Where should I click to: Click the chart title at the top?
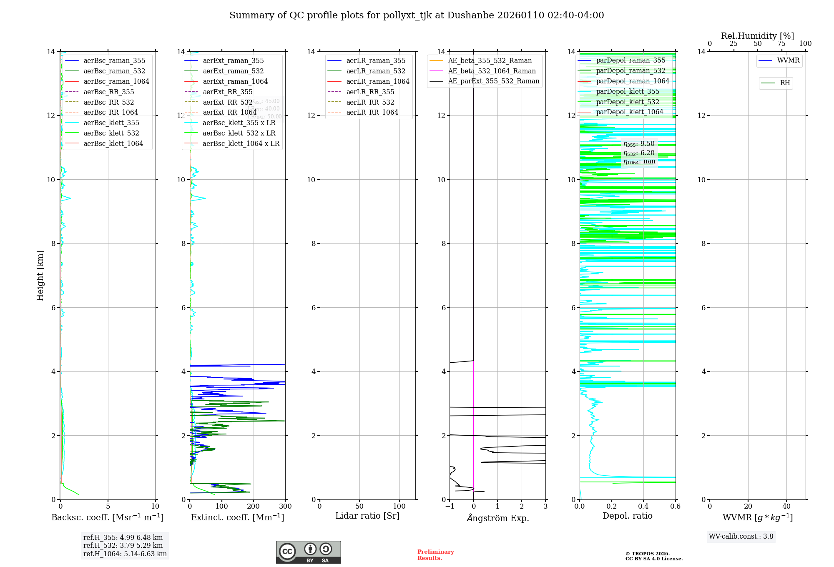(x=417, y=15)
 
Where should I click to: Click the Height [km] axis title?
(x=40, y=275)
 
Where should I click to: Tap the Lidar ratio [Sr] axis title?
(x=367, y=516)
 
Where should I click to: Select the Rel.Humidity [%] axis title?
(x=757, y=36)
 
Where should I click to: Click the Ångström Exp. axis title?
(x=497, y=518)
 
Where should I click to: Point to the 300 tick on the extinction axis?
(x=285, y=507)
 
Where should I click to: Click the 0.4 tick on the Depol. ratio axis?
(x=643, y=507)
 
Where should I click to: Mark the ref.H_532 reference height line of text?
(x=123, y=546)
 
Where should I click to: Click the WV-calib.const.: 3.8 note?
(x=741, y=537)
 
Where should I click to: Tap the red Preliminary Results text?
(x=435, y=555)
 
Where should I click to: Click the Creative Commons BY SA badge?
(x=308, y=552)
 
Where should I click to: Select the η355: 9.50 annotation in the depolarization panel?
(x=639, y=144)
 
